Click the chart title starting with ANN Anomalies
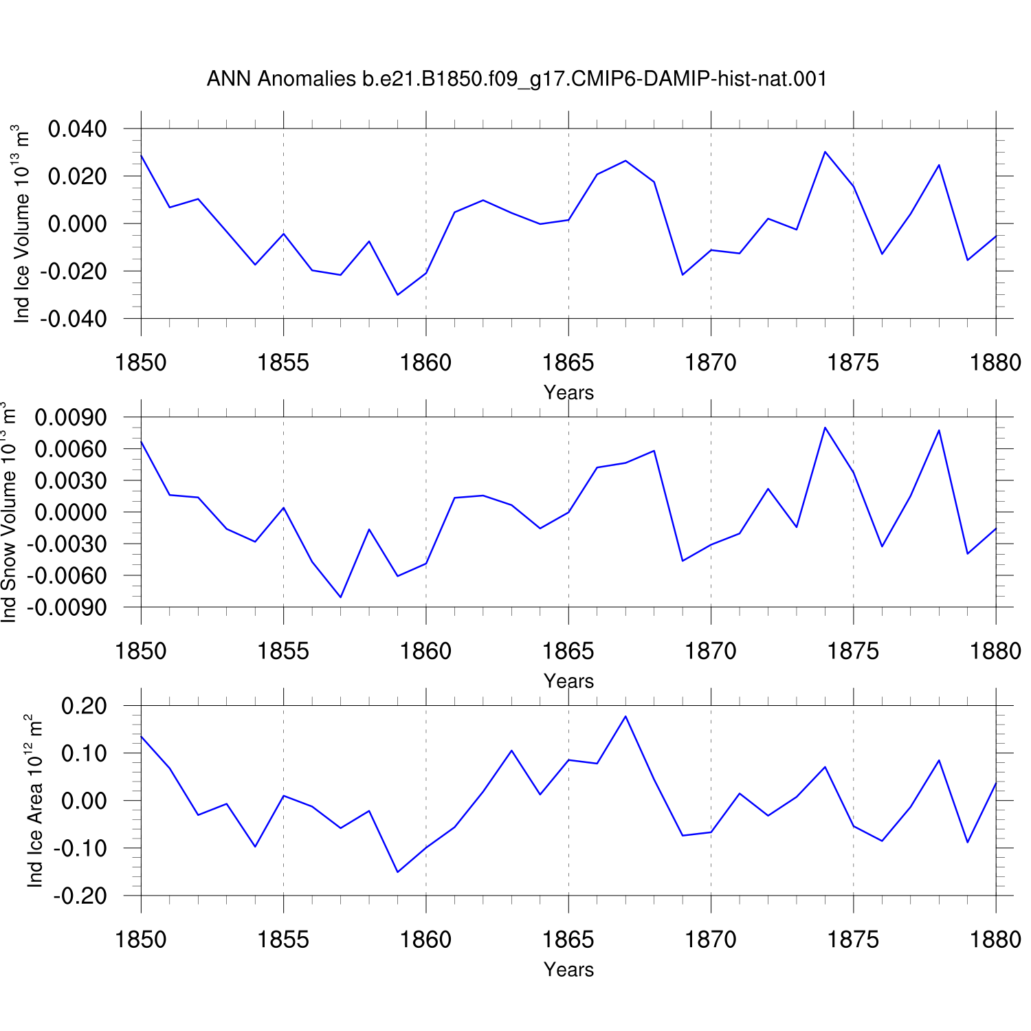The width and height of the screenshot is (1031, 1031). (516, 79)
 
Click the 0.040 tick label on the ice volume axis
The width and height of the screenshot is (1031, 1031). (77, 129)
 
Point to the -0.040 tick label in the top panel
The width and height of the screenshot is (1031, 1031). (73, 319)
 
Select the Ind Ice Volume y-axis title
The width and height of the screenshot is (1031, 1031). (22, 223)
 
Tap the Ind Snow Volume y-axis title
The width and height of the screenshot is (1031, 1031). (8, 512)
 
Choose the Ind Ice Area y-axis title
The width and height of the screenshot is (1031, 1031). (34, 801)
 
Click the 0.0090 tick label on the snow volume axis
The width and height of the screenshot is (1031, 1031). (71, 417)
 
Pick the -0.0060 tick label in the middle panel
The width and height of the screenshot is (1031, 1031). (67, 576)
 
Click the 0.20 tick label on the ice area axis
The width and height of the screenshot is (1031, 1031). (84, 706)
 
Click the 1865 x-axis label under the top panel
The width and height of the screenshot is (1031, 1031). (568, 362)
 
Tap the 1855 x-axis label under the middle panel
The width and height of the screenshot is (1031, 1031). (283, 651)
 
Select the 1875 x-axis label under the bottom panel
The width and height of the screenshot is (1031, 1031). (853, 940)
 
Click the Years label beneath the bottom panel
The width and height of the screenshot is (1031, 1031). (568, 969)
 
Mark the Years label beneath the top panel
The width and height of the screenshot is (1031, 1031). (568, 392)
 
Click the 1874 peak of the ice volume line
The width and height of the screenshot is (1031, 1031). (825, 152)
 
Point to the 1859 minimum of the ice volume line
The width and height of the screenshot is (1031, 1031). (397, 295)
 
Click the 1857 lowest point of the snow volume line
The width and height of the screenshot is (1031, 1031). (340, 597)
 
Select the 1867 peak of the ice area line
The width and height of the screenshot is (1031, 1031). (625, 716)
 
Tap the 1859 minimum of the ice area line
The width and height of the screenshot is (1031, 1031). (397, 872)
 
